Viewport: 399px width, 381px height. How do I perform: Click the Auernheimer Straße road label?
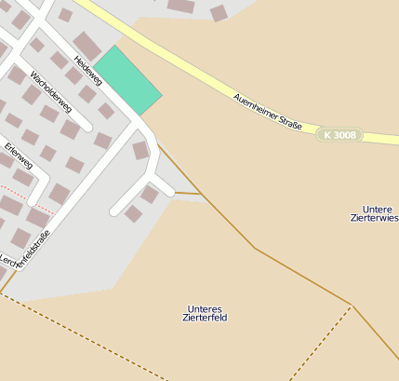click(x=267, y=112)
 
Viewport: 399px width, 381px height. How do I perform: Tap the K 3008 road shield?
click(x=338, y=135)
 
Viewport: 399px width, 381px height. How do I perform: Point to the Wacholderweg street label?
click(x=51, y=91)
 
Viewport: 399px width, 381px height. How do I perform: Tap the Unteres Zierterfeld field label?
click(x=206, y=313)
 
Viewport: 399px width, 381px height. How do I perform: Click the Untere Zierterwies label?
click(x=378, y=212)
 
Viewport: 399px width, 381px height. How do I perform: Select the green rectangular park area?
click(x=128, y=80)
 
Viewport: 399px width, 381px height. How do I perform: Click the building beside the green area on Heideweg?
click(x=87, y=45)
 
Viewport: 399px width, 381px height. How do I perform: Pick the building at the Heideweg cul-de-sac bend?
click(x=140, y=150)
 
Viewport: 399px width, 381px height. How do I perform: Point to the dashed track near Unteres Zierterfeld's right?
click(x=321, y=344)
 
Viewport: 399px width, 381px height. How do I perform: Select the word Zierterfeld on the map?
click(x=206, y=318)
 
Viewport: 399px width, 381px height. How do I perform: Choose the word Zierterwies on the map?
click(x=378, y=217)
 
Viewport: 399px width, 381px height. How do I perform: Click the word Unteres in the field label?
click(x=205, y=308)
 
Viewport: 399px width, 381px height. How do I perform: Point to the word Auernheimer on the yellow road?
click(x=253, y=104)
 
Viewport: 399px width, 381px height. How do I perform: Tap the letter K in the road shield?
click(x=326, y=135)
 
